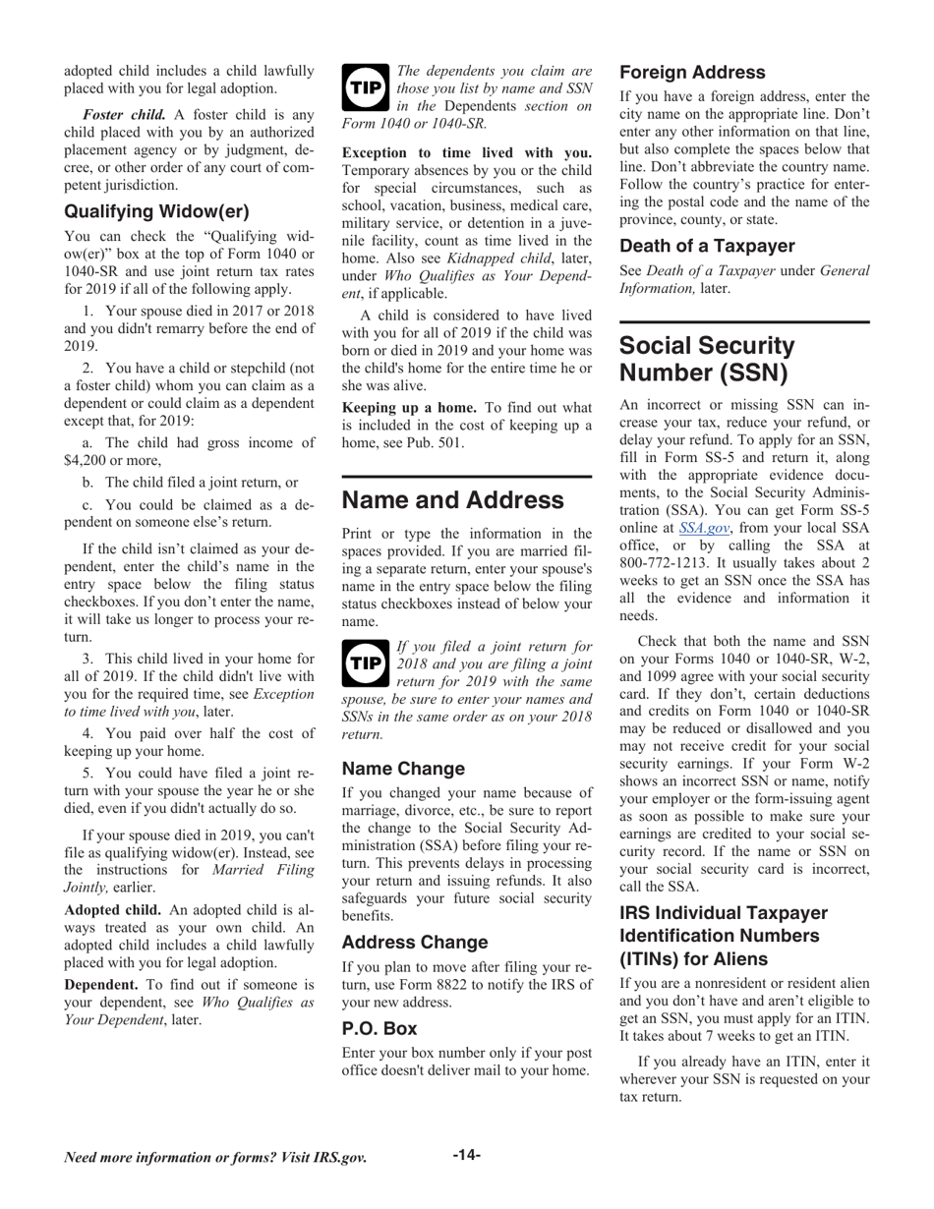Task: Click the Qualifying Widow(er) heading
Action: click(156, 211)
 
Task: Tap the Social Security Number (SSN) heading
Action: click(707, 360)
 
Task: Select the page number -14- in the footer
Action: click(466, 1155)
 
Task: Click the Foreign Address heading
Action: click(692, 73)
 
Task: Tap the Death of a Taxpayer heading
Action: click(707, 246)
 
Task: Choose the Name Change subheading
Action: click(403, 768)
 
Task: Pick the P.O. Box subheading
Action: click(379, 1028)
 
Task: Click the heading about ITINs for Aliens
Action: click(723, 933)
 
